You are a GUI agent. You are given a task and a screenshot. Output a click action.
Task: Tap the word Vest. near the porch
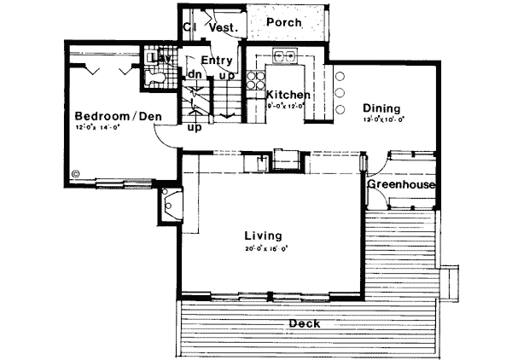[x=223, y=28]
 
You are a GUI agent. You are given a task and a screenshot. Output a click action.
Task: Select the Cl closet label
[x=189, y=27]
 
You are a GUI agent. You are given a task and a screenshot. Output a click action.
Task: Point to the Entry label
[x=216, y=61]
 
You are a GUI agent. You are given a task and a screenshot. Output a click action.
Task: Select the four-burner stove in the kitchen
[x=255, y=79]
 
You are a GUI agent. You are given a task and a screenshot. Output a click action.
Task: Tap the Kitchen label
[x=288, y=95]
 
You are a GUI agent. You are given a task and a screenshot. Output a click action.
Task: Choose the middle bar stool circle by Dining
[x=340, y=91]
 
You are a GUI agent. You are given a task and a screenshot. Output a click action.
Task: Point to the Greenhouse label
[x=402, y=185]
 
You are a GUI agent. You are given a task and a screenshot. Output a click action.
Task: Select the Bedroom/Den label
[x=118, y=116]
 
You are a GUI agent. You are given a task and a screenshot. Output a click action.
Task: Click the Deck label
[x=305, y=323]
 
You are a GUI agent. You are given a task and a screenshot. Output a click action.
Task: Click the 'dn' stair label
[x=194, y=75]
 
